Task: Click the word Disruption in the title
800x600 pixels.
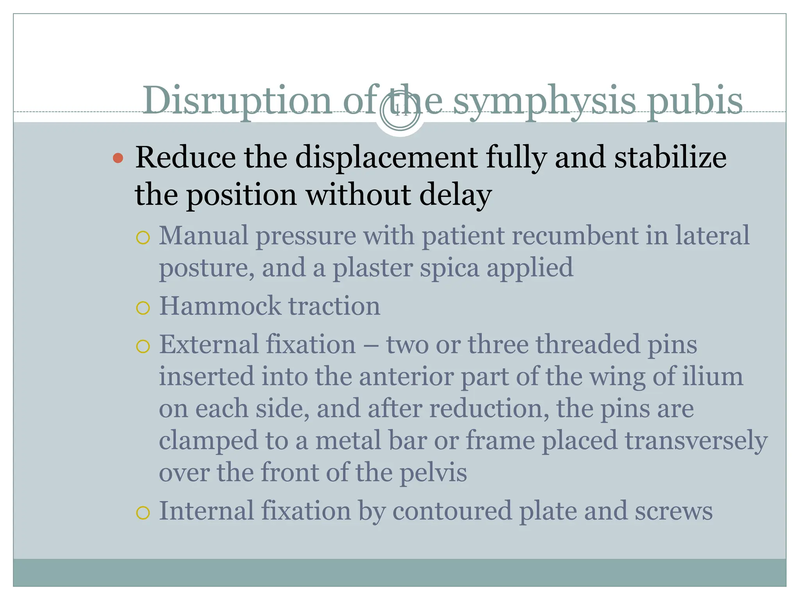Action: pyautogui.click(x=237, y=100)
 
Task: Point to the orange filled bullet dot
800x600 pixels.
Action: pyautogui.click(x=118, y=158)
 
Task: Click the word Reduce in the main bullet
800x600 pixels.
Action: pyautogui.click(x=185, y=157)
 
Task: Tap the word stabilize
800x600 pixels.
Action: pyautogui.click(x=670, y=157)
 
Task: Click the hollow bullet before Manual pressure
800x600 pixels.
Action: pyautogui.click(x=143, y=237)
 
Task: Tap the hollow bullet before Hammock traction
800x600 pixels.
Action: pyautogui.click(x=143, y=308)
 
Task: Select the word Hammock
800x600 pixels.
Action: pyautogui.click(x=220, y=306)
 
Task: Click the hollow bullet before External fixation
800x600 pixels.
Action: pyautogui.click(x=143, y=346)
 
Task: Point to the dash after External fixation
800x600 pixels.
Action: pyautogui.click(x=371, y=345)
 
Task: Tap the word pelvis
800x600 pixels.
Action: pyautogui.click(x=433, y=473)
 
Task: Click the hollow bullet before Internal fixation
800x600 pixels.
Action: pyautogui.click(x=143, y=512)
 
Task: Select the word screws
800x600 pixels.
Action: pyautogui.click(x=673, y=511)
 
